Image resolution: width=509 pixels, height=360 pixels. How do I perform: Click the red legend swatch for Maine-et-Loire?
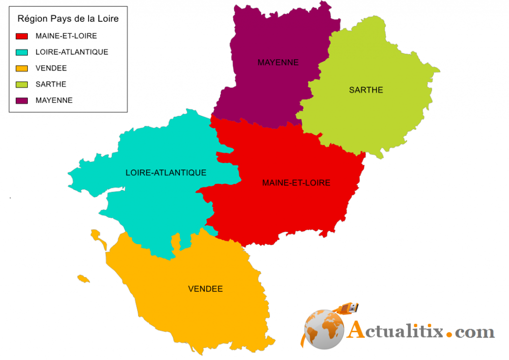coord(22,36)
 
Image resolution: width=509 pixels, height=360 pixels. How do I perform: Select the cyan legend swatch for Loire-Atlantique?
coord(22,52)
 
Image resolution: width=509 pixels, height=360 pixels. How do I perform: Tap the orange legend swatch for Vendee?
coord(22,68)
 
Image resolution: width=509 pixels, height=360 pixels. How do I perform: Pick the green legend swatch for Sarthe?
coord(22,84)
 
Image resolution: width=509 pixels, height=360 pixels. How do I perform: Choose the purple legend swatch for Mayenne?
coord(22,100)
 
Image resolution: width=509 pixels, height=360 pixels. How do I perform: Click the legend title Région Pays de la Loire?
coord(68,19)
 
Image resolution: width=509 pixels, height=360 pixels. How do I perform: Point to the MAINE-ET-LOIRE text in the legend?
coord(66,36)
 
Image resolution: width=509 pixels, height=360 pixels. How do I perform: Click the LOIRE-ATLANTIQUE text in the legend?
coord(72,52)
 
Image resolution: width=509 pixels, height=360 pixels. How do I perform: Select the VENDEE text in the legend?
coord(51,68)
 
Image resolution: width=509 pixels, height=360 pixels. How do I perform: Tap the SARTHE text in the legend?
coord(51,84)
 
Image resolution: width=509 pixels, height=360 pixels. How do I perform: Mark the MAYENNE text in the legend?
coord(54,100)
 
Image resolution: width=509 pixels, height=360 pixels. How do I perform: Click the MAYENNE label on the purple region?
coord(278,63)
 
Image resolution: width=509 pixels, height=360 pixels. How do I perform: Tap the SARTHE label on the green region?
coord(366,90)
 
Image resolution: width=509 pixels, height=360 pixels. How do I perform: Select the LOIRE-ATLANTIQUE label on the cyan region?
coord(166,173)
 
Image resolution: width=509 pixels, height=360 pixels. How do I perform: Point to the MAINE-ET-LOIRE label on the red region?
coord(296,183)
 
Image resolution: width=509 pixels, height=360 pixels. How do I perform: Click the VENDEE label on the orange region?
coord(205,289)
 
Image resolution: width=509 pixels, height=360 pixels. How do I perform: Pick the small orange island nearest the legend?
coord(98,239)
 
